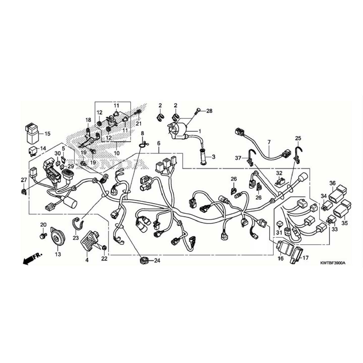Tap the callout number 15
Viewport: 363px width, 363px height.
[x=47, y=134]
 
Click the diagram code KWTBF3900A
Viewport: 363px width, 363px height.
[x=332, y=263]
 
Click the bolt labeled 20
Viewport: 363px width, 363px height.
[x=43, y=236]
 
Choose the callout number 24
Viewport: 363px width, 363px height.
[x=157, y=261]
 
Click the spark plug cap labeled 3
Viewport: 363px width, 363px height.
[x=203, y=157]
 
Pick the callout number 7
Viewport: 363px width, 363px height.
[x=269, y=142]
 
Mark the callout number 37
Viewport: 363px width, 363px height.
[x=238, y=158]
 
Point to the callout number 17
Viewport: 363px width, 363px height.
[x=306, y=258]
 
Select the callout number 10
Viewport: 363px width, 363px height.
[x=117, y=153]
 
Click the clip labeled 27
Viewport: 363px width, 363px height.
[x=24, y=192]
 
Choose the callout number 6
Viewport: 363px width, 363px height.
[x=159, y=143]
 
